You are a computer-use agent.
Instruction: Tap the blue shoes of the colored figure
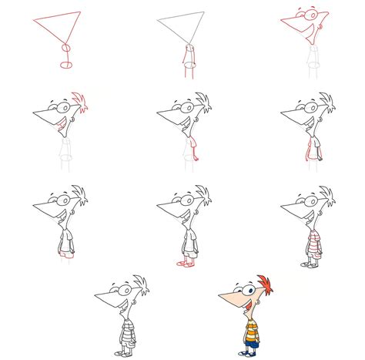point(244,352)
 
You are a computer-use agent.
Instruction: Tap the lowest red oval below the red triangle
point(67,65)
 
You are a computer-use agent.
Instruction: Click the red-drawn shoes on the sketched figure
point(182,263)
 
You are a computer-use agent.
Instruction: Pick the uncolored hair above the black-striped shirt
point(139,283)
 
